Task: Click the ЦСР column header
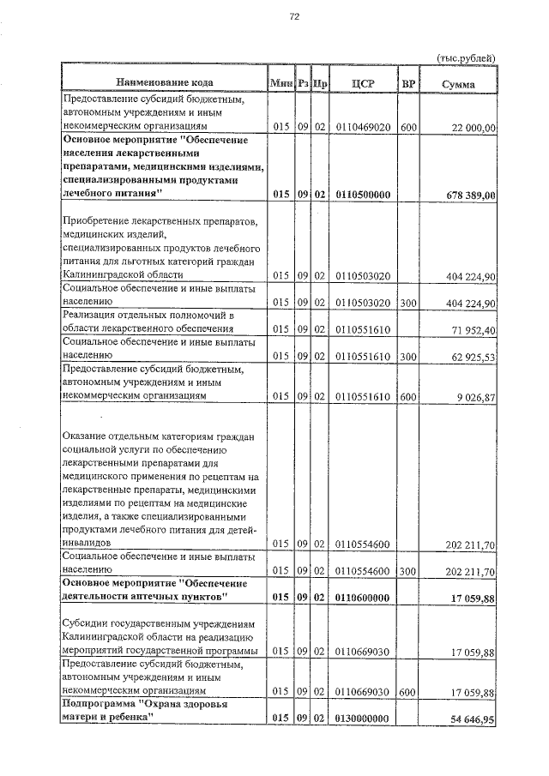(364, 82)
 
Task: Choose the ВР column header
(408, 82)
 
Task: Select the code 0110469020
(364, 127)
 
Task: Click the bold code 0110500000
(364, 195)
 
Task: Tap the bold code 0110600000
(364, 598)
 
